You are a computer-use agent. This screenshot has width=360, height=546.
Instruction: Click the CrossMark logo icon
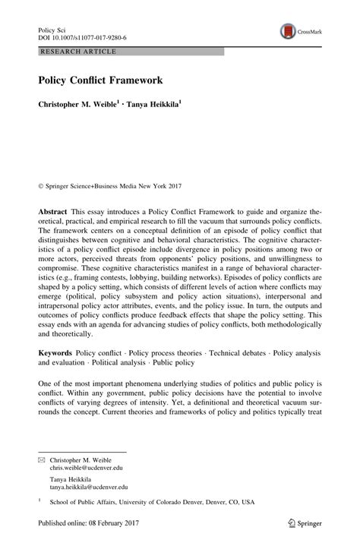[x=289, y=31]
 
